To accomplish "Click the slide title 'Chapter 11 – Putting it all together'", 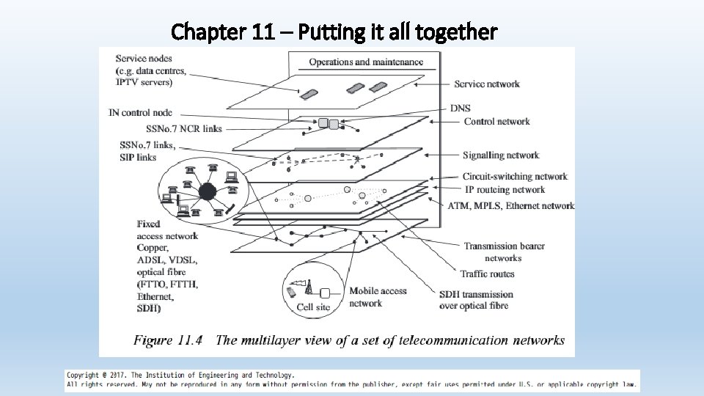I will [334, 32].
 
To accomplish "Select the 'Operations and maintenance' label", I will [366, 62].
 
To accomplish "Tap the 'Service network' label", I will [486, 84].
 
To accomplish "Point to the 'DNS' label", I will [461, 109].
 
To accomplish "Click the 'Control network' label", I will [496, 121].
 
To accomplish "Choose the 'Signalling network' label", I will [501, 155].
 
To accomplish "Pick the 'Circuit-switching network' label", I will [515, 176].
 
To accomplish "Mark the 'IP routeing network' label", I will [504, 189].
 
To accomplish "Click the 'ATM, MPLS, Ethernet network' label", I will [511, 205].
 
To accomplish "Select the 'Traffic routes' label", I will [487, 274].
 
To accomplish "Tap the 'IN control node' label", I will [140, 112].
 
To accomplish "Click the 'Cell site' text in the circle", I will [313, 307].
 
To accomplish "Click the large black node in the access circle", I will [207, 193].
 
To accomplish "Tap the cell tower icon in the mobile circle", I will [309, 287].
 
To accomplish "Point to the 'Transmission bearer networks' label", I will [504, 252].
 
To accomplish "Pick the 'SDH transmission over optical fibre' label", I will [476, 300].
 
